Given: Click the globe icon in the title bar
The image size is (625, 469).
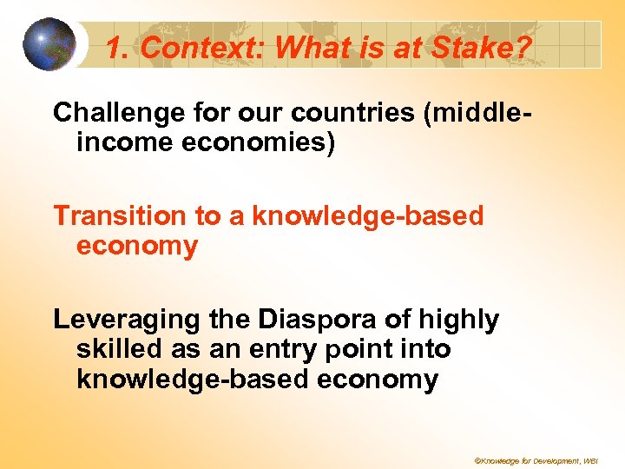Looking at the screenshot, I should (49, 44).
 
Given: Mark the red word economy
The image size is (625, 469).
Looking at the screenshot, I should (137, 247).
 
